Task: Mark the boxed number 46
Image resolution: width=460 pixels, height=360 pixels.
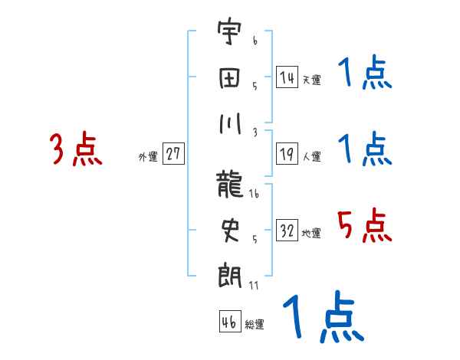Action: [x=228, y=322]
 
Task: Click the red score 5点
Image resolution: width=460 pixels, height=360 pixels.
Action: [x=365, y=226]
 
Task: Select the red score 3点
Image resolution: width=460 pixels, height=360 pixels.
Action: [x=76, y=149]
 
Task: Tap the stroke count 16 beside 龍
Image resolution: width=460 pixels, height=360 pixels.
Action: [x=254, y=195]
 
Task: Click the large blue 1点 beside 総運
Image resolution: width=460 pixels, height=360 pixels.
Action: [x=322, y=318]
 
